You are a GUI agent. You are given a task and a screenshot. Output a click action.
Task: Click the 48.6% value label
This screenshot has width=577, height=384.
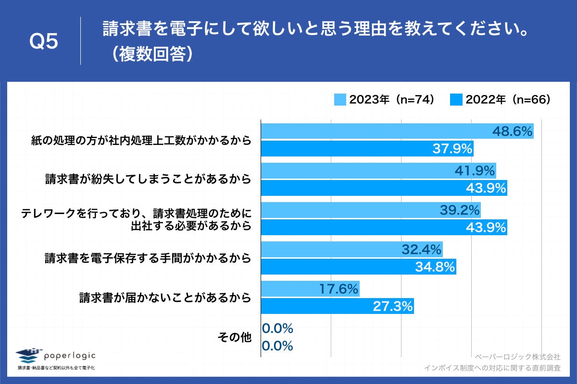point(513,131)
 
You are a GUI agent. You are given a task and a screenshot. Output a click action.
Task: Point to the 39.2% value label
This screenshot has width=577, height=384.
point(460,210)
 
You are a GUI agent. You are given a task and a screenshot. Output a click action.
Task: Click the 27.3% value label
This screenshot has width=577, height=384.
point(393,307)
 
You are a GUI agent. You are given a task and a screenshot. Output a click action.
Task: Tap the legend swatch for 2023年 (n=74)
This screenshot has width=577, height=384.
point(340,99)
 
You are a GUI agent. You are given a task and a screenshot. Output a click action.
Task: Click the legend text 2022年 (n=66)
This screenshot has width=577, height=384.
point(508,99)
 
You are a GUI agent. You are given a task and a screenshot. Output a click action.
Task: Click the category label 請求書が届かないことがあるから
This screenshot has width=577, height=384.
point(165,298)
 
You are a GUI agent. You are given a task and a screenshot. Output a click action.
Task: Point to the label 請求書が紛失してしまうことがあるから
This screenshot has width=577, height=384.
point(148,180)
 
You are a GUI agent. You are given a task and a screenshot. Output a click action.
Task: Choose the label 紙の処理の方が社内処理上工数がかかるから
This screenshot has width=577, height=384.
point(141,140)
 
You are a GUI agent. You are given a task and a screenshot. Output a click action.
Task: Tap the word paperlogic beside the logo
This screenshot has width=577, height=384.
point(70,356)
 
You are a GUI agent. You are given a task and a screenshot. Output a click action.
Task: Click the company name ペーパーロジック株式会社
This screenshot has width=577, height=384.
point(517,358)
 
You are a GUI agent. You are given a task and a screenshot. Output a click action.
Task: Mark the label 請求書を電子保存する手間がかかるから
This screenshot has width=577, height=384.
point(148,259)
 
